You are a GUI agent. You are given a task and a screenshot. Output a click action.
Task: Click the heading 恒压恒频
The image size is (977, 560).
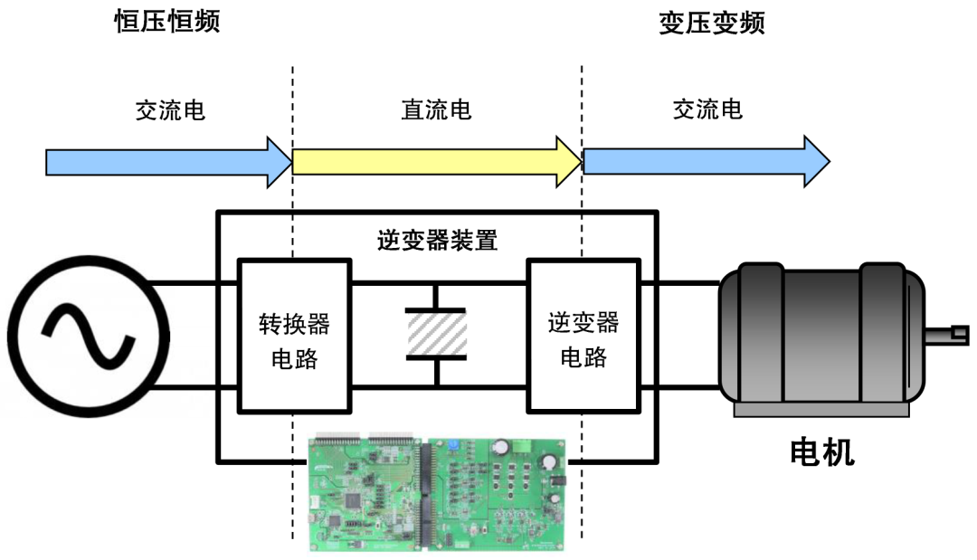tap(167, 21)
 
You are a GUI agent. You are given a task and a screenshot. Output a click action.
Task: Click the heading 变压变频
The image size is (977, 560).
tap(711, 23)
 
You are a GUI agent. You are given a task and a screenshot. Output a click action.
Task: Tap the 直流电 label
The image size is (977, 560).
tap(436, 109)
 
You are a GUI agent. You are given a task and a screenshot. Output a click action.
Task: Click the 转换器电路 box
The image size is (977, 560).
tap(294, 336)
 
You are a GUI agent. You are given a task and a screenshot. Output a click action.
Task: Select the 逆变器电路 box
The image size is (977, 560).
tap(583, 336)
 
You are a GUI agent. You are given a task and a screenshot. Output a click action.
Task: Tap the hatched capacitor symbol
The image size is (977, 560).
tap(436, 334)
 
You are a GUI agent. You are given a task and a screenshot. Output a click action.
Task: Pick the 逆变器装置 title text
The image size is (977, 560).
tap(437, 240)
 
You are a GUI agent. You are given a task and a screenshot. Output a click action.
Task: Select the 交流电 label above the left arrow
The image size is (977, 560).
tap(169, 109)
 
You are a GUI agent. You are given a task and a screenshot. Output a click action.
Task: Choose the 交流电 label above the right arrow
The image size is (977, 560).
tap(707, 109)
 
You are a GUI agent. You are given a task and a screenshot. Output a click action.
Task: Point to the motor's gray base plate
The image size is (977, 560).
tap(820, 410)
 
